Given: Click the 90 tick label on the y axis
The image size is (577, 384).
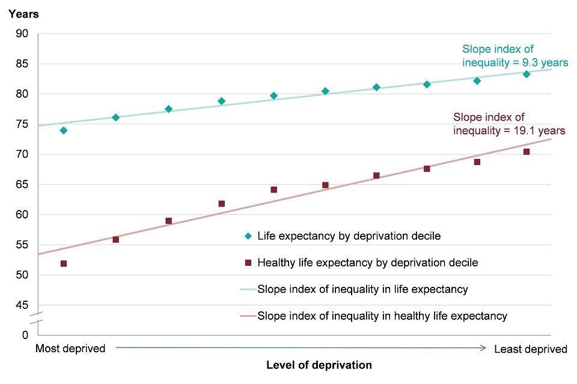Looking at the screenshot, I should pos(22,34).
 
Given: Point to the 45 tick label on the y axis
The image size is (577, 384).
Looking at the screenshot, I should pos(22,305).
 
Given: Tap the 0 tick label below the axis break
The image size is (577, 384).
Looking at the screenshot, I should pos(25,334).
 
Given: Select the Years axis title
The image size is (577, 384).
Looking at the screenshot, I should pos(23,14).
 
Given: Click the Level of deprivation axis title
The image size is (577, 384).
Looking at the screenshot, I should pos(319,365).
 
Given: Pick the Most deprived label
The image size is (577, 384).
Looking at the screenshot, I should pos(70,349).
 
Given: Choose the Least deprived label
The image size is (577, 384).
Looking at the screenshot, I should pos(530,349).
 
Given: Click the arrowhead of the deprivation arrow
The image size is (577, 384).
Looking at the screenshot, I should pos(483,347).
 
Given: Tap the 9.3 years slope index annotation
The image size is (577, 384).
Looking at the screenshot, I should pos(514,56).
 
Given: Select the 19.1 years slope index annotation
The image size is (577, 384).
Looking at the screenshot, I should pos(508,124).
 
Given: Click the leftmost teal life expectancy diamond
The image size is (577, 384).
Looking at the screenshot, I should pos(64,130).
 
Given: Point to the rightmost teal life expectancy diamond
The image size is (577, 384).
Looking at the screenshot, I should pos(527,74).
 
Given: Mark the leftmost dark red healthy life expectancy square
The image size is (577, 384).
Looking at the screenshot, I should pos(64,263).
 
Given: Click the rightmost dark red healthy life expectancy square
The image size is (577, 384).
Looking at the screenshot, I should pos(527,152).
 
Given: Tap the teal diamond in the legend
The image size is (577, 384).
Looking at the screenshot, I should pos(248,236).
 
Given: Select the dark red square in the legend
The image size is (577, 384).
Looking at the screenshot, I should pos(248,263).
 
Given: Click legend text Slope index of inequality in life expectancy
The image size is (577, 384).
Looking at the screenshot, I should pos(362,289).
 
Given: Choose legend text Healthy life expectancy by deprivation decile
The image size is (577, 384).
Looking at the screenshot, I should pos(367,263).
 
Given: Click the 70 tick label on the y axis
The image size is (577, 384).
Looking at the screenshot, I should pos(22,154).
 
